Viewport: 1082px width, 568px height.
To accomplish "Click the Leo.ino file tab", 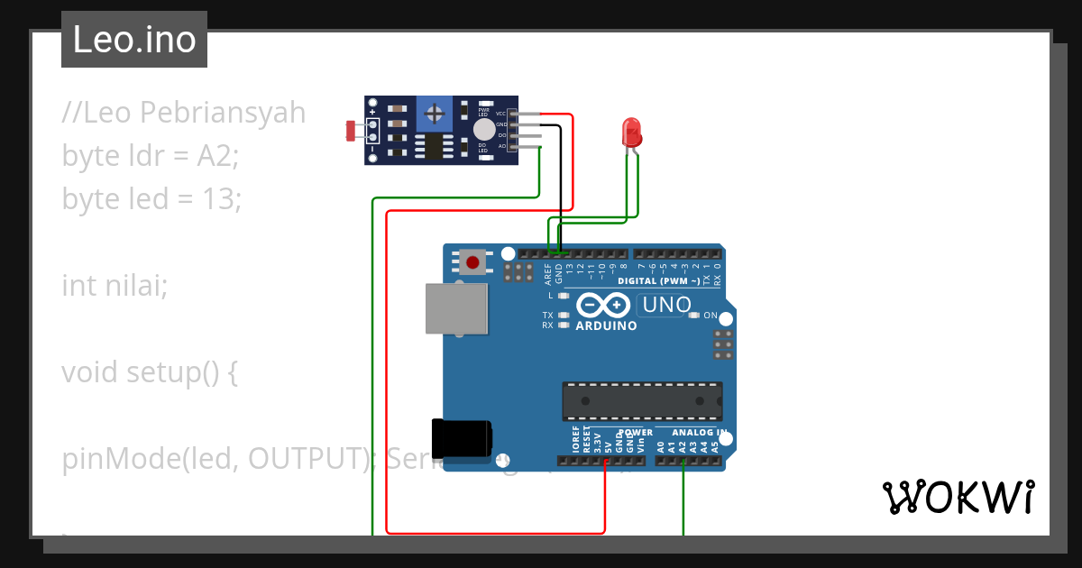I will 134,40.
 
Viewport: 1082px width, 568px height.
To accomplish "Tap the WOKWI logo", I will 958,497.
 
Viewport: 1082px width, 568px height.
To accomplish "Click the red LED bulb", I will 632,133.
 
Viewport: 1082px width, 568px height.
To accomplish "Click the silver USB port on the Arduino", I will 456,308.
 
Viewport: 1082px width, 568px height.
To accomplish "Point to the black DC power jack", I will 462,439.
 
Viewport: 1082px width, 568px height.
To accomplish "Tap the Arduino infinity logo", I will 600,305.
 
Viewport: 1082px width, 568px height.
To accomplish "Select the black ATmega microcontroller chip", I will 642,400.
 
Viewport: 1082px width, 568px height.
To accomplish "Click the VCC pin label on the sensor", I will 500,114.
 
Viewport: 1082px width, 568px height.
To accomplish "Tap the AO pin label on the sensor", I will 501,145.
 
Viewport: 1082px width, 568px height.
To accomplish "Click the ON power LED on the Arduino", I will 694,316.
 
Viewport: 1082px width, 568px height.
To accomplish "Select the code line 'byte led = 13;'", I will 151,198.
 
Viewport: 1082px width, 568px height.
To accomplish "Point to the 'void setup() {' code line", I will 149,371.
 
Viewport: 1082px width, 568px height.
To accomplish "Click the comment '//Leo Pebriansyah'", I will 184,113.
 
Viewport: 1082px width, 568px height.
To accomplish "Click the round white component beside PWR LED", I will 484,130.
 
